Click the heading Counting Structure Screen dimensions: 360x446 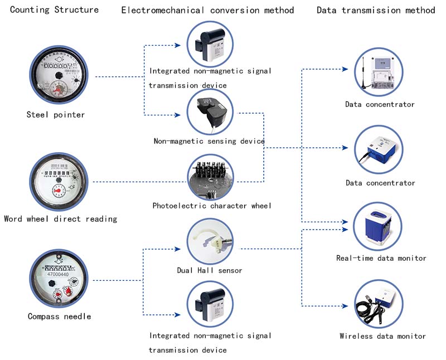click(x=55, y=9)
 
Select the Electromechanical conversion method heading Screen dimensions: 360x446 click(x=207, y=10)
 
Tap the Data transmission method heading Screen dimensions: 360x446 click(x=376, y=10)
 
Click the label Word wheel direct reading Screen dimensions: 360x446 click(x=60, y=219)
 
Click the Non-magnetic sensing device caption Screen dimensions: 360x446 click(x=209, y=141)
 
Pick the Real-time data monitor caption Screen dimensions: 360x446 click(x=381, y=258)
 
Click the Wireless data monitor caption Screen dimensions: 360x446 click(x=382, y=336)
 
